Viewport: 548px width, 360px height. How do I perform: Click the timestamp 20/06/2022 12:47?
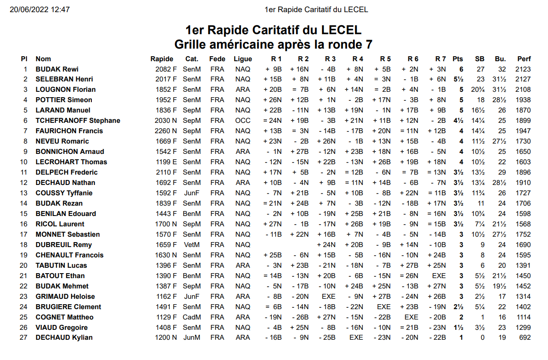point(40,9)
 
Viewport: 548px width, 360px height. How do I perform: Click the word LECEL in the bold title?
point(341,30)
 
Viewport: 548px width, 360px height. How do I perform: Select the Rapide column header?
point(162,59)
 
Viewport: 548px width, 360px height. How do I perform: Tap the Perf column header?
point(524,59)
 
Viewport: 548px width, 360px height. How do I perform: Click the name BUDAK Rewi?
point(57,69)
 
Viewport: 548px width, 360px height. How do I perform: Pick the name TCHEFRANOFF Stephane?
point(78,121)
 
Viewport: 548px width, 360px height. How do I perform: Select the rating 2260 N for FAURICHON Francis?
point(166,131)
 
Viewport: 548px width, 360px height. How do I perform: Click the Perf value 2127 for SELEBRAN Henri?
point(523,79)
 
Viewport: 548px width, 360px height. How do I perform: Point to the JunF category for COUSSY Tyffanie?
point(191,193)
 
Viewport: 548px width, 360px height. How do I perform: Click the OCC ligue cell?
point(243,121)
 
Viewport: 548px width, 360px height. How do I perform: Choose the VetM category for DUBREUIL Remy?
point(191,244)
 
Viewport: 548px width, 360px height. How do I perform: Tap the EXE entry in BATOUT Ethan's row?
point(439,275)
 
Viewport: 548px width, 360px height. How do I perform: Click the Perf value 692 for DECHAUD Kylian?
point(525,337)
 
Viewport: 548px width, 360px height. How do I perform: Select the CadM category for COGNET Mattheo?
point(191,317)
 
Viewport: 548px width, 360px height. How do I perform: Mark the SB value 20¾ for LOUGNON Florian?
point(478,90)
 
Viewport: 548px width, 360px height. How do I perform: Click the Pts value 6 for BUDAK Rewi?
point(461,69)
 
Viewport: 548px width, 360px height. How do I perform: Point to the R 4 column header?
point(358,59)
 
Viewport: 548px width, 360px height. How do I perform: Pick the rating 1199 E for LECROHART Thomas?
point(166,162)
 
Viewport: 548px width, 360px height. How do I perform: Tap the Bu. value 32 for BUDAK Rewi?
point(502,69)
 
